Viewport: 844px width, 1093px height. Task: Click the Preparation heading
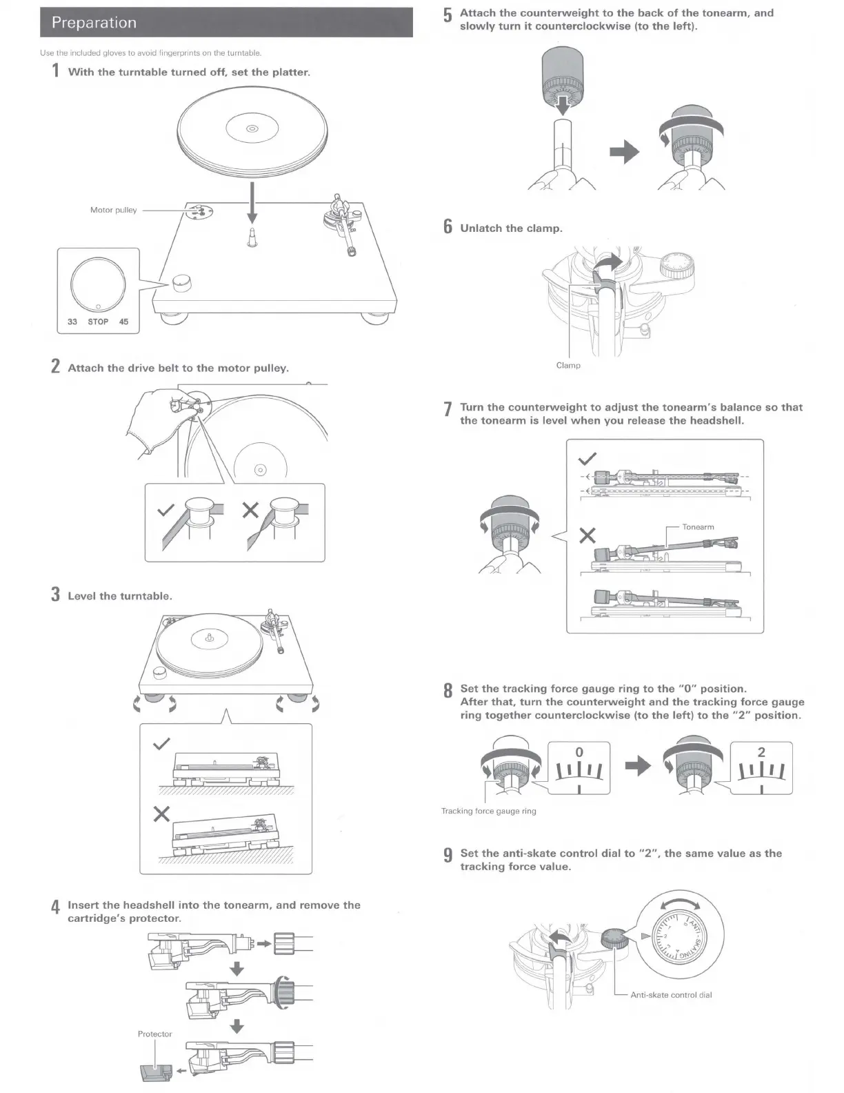coord(94,23)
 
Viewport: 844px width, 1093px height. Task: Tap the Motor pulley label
coord(113,210)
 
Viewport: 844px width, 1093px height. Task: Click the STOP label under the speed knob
coord(98,322)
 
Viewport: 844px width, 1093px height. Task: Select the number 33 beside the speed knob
coord(72,322)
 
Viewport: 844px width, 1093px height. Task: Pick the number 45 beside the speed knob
coord(123,322)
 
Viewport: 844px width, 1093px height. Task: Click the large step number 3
coord(55,595)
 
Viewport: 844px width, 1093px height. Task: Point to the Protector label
coord(154,1034)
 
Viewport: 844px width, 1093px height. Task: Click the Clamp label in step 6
coord(568,365)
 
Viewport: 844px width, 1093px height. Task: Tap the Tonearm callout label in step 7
coord(698,527)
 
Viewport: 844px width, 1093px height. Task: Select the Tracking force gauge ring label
coord(488,811)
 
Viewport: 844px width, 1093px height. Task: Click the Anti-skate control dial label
coord(671,995)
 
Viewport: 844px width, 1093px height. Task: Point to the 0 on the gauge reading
coord(579,752)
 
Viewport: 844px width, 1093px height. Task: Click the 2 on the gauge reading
coord(761,752)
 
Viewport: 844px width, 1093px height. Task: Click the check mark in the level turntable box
coord(161,744)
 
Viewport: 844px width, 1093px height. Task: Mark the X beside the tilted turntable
coord(161,814)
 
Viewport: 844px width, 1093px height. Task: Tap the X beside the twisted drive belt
coord(250,511)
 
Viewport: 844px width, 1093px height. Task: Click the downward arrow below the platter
coord(252,200)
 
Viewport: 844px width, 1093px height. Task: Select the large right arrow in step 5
coord(625,152)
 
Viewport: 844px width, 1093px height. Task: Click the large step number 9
coord(448,856)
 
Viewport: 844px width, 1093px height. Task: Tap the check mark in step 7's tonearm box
coord(587,459)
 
